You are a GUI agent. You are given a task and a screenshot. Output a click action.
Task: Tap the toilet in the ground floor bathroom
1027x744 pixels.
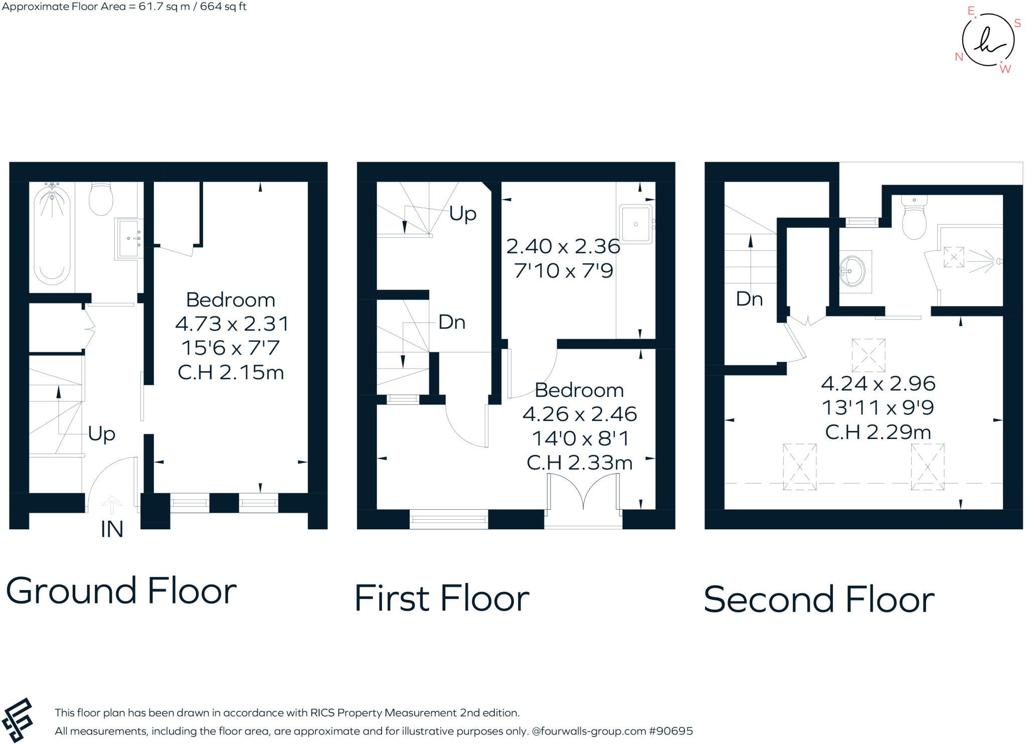click(101, 199)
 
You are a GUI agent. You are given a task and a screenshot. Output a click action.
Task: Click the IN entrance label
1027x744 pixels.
click(112, 530)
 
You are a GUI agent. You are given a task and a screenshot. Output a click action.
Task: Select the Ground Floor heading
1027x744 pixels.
click(121, 591)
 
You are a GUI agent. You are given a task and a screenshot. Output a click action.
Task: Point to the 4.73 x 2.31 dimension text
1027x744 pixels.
click(232, 324)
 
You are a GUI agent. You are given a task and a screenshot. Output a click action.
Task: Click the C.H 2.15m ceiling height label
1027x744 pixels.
click(231, 373)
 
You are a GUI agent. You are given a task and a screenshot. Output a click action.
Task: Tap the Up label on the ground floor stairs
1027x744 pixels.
click(101, 433)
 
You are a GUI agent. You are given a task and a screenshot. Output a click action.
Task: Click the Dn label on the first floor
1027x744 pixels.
click(451, 322)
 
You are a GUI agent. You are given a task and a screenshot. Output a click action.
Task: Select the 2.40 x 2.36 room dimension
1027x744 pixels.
click(563, 246)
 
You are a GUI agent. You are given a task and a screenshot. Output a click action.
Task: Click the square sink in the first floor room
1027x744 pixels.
click(636, 224)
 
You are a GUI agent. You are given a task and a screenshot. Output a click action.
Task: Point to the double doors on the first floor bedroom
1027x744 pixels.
click(583, 492)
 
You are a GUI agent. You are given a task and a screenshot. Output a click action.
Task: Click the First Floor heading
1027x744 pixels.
click(441, 599)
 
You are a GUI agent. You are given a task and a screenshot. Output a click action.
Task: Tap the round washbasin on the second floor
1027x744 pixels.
click(852, 271)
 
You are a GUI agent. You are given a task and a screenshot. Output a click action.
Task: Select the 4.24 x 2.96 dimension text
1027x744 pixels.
click(878, 384)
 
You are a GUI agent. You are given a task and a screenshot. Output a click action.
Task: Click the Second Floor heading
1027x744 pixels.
click(819, 600)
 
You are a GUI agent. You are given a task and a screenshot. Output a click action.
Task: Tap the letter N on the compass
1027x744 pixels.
click(959, 57)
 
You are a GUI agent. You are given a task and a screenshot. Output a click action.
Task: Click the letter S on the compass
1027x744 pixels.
click(1017, 23)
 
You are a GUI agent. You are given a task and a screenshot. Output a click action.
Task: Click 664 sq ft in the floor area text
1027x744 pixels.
click(223, 7)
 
